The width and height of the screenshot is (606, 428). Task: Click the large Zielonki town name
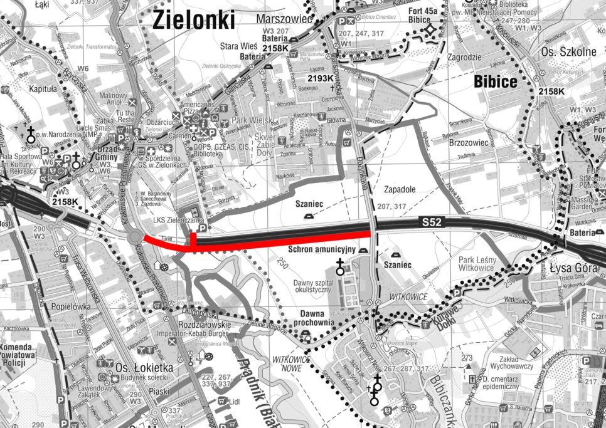point(193,21)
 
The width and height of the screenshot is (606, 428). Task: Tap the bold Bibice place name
point(496,81)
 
